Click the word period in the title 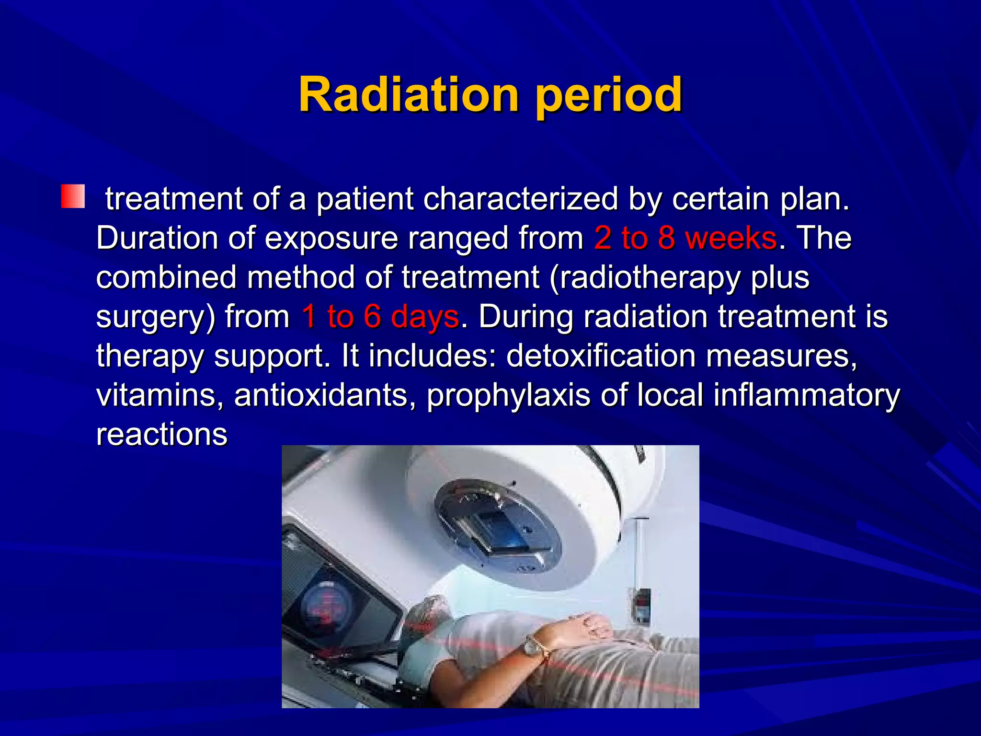609,96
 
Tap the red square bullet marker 73,196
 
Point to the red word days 424,317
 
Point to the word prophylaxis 508,396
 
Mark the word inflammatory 807,396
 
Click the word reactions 162,435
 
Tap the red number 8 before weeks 666,238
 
